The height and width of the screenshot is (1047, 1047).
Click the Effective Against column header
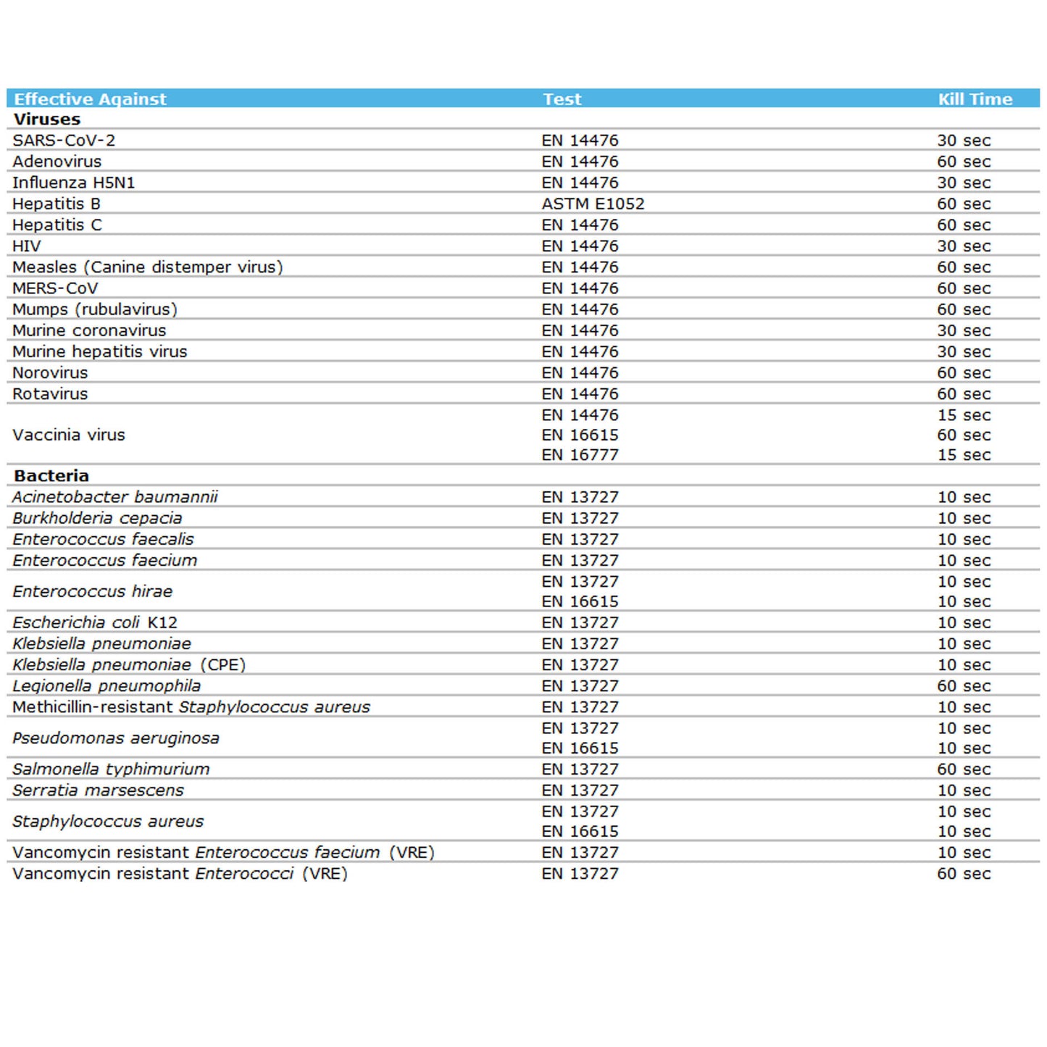point(90,99)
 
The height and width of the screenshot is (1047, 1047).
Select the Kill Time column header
point(975,99)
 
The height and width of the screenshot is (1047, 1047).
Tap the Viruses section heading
point(47,120)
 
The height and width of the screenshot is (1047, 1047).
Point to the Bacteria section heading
point(51,476)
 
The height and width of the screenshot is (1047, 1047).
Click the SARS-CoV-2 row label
point(64,141)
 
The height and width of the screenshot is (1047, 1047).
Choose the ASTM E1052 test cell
point(593,204)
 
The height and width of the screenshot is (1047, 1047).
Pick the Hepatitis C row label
point(57,225)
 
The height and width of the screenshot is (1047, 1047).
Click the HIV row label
point(27,246)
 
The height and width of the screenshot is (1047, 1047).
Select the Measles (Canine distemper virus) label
point(148,267)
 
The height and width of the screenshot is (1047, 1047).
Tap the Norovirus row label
point(50,373)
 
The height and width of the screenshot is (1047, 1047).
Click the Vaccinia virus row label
point(69,435)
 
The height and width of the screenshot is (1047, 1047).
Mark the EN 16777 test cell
point(580,455)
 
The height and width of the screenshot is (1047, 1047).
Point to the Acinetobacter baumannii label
point(115,497)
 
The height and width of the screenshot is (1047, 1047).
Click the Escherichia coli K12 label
point(95,623)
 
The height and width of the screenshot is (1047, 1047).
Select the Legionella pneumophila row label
point(107,686)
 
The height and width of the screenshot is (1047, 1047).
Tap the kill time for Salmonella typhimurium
point(963,769)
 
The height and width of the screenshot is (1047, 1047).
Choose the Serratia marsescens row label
point(99,791)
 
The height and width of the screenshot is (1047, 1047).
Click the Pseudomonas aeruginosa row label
point(116,738)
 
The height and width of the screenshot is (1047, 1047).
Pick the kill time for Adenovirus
point(963,162)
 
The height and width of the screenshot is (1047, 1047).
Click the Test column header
point(562,99)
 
